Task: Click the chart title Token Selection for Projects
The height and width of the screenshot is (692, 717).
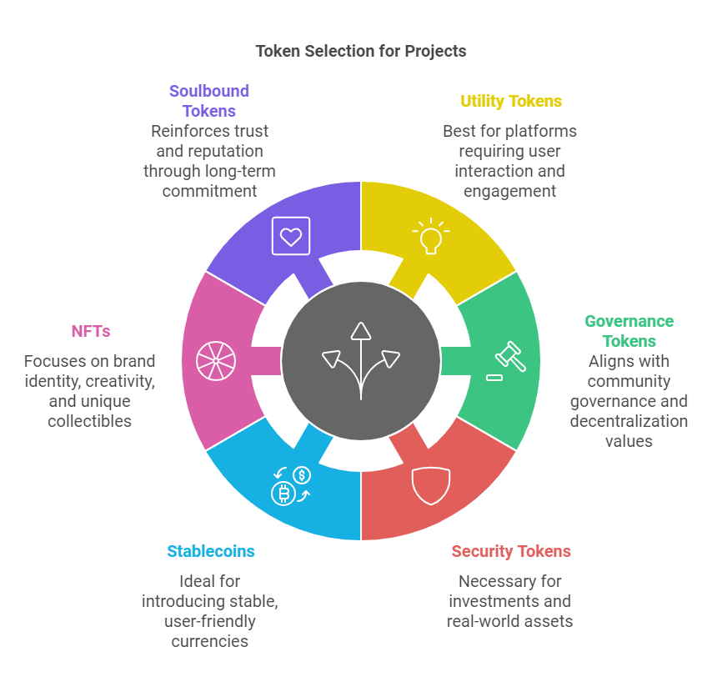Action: pos(360,51)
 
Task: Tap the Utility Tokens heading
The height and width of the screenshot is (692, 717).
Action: pos(511,102)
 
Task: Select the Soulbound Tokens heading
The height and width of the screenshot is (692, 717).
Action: pos(209,101)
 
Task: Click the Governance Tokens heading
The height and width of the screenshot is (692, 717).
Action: pos(629,331)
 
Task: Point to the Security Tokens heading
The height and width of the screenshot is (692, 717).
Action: pos(511,551)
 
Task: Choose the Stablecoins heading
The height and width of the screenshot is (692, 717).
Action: pos(210,551)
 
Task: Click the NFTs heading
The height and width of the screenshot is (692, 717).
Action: pos(90,331)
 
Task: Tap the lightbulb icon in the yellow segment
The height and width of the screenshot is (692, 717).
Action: pos(430,236)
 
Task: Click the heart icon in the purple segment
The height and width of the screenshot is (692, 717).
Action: pos(290,236)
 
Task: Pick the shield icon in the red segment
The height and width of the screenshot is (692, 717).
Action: pos(431,486)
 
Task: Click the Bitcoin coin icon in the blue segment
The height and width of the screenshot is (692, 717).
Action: pos(284,494)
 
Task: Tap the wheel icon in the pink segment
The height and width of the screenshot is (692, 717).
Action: pos(215,360)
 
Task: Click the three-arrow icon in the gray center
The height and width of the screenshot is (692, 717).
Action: pos(360,360)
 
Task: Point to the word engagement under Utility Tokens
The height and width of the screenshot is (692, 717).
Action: pos(509,191)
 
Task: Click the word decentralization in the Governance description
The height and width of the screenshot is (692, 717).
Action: pos(629,421)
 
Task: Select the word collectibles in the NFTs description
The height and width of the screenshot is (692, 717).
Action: pos(89,421)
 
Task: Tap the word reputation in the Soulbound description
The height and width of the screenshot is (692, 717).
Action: pos(212,151)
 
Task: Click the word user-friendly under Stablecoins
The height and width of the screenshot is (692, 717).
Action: pos(210,621)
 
